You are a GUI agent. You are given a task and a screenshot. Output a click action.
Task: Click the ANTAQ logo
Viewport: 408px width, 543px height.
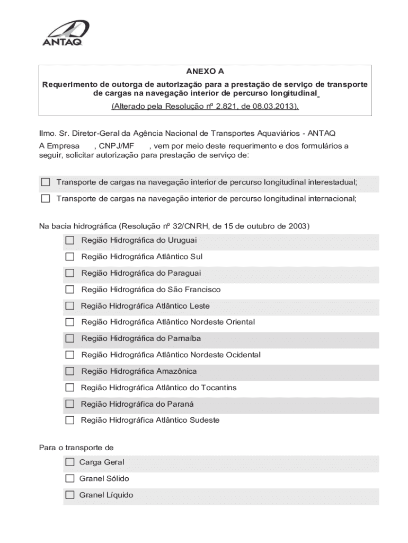[65, 33]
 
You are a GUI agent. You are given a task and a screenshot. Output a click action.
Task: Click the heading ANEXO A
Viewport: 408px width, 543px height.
[205, 71]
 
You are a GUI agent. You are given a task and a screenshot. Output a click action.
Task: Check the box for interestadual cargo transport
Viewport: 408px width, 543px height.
[46, 182]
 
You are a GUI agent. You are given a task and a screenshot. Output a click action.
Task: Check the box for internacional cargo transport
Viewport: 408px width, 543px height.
[46, 199]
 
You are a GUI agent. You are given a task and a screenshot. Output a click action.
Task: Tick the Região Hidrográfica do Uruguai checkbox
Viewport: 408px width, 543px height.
[70, 241]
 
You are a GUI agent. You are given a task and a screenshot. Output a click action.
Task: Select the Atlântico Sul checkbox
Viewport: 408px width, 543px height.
[70, 257]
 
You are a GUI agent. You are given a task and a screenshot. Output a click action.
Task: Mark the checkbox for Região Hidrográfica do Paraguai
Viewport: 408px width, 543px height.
[70, 273]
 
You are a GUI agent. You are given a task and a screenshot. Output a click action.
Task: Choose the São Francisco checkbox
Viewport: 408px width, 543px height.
[70, 290]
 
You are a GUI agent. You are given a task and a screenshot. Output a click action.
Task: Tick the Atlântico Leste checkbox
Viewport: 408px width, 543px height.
[70, 306]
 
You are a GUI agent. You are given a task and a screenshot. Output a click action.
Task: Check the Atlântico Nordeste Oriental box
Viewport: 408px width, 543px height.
[70, 322]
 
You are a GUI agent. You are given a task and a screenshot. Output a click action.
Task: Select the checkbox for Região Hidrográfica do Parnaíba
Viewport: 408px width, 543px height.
[70, 338]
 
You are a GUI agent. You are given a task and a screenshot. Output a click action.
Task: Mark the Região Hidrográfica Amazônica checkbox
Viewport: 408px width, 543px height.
[70, 371]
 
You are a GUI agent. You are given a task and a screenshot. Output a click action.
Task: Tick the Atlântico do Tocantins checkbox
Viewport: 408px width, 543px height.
[70, 388]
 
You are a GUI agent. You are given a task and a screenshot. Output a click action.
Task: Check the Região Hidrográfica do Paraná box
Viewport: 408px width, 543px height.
[70, 404]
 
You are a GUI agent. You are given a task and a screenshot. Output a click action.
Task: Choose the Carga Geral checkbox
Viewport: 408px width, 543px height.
[70, 462]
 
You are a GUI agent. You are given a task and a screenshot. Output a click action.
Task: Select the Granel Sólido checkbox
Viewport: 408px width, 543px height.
[70, 479]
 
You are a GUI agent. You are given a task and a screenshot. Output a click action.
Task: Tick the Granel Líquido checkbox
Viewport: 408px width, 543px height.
[70, 495]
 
